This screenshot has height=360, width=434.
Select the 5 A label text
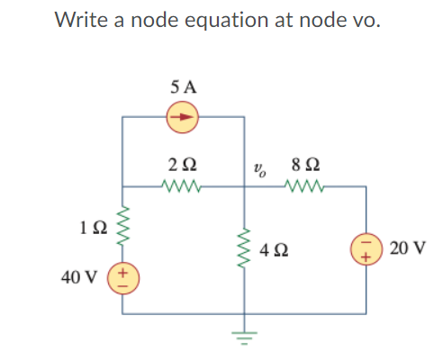click(x=184, y=87)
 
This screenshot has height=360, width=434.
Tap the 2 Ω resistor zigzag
click(x=184, y=187)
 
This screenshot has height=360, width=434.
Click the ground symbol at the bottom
click(x=245, y=333)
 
